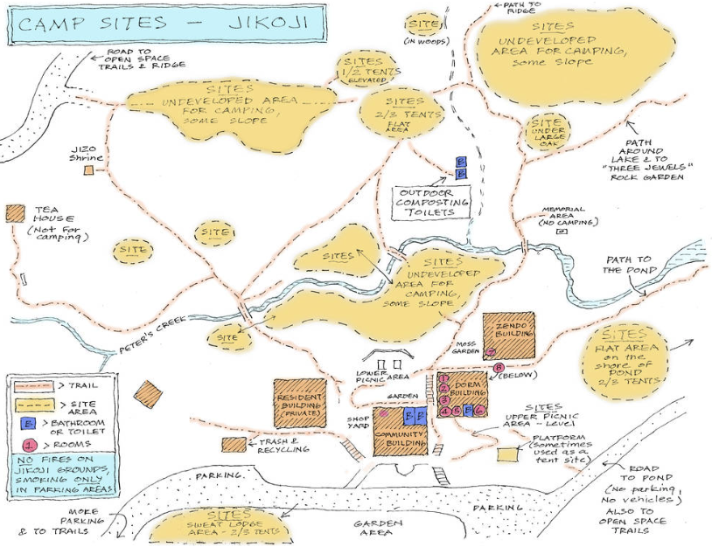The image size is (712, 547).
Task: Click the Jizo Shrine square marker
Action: coord(89,171)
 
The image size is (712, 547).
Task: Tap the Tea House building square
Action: coord(15,214)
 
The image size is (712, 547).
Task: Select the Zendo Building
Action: coord(507,332)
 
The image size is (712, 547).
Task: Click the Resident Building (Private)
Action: coord(300,403)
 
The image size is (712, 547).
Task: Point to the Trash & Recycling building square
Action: coord(234,445)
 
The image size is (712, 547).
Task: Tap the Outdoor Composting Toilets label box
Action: coord(433,201)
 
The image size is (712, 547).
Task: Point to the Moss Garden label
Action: coord(465,349)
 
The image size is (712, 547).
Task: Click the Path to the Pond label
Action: coord(627,264)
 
